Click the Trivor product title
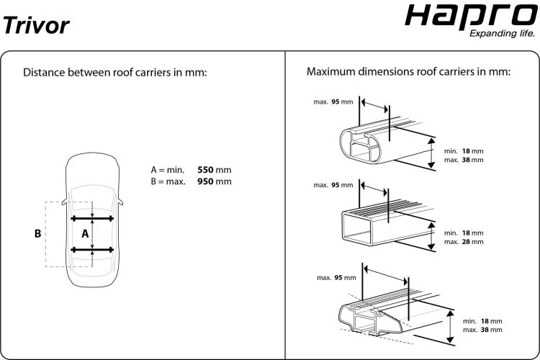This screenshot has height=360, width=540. pyautogui.click(x=36, y=25)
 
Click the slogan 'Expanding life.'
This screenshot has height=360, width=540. pyautogui.click(x=501, y=34)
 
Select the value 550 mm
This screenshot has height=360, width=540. pyautogui.click(x=214, y=170)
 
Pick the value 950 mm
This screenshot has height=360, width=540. pyautogui.click(x=214, y=181)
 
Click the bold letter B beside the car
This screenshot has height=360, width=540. pyautogui.click(x=37, y=234)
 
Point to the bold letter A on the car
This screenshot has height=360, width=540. pyautogui.click(x=84, y=233)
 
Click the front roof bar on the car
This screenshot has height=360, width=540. pyautogui.click(x=92, y=217)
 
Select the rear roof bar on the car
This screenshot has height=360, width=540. pyautogui.click(x=92, y=250)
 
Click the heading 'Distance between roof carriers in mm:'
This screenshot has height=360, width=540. pyautogui.click(x=115, y=73)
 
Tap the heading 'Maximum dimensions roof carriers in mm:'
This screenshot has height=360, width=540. pyautogui.click(x=408, y=73)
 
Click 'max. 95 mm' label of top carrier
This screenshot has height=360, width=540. pyautogui.click(x=333, y=102)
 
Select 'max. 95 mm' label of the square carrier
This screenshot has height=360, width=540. pyautogui.click(x=333, y=185)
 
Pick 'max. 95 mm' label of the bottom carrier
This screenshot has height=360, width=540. pyautogui.click(x=336, y=277)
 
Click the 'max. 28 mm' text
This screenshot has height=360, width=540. pyautogui.click(x=464, y=242)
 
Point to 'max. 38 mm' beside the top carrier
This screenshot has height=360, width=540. pyautogui.click(x=464, y=159)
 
